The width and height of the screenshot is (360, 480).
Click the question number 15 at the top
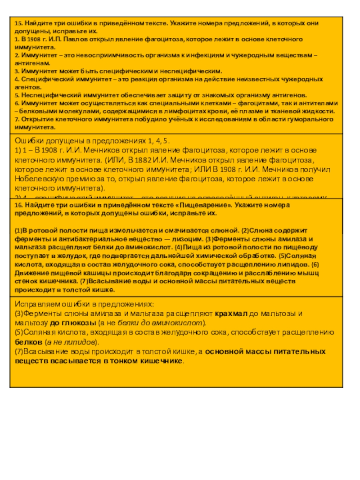[18, 23]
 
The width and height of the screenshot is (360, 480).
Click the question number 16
[18, 205]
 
